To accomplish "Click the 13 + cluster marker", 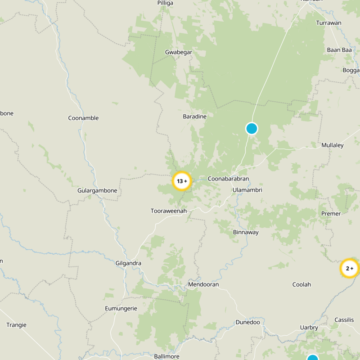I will (182, 181).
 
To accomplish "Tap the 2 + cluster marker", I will (349, 269).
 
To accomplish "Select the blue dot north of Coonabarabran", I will (252, 129).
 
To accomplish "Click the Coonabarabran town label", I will (228, 179).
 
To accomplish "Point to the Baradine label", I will (194, 117).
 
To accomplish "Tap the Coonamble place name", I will (83, 118).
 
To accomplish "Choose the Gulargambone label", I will (97, 190).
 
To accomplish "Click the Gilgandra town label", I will (129, 263).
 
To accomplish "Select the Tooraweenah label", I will (168, 211).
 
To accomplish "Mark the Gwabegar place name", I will (179, 52).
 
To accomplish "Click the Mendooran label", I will (203, 285).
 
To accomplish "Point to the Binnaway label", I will (246, 233).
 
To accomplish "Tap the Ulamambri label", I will (247, 190).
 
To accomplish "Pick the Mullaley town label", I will (333, 145).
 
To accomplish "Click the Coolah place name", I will (301, 284).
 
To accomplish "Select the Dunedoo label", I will (247, 322).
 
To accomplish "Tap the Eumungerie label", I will (120, 308).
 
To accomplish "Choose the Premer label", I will (331, 213).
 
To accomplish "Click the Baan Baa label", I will (339, 50).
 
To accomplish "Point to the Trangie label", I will (16, 325).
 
